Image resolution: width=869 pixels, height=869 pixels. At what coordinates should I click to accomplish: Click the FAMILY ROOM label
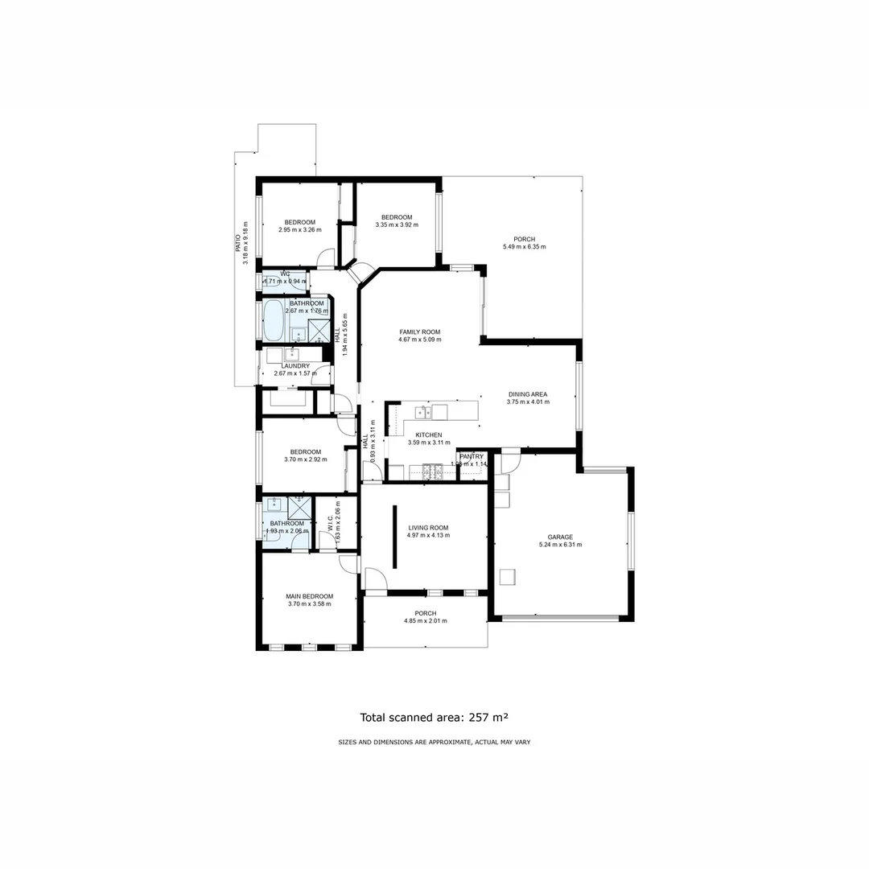pos(420,332)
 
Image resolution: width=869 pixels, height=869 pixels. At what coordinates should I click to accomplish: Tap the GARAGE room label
pos(560,537)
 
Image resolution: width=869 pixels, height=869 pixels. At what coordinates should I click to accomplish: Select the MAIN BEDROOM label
pos(310,596)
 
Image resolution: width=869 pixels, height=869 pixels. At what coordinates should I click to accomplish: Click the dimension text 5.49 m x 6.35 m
pos(525,247)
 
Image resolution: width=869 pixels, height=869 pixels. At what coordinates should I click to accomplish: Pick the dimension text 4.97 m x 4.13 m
pos(428,535)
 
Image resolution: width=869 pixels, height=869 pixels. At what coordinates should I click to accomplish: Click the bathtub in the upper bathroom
pos(274,321)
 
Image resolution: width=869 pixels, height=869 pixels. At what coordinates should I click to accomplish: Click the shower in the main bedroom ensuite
pos(299,507)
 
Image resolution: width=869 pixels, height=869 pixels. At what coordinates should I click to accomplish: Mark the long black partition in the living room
pos(394,537)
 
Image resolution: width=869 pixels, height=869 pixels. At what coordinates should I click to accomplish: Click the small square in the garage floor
pos(507,576)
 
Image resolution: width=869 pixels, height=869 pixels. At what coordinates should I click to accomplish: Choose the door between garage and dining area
pos(510,462)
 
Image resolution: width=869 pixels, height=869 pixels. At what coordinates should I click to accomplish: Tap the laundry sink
pos(291,355)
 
